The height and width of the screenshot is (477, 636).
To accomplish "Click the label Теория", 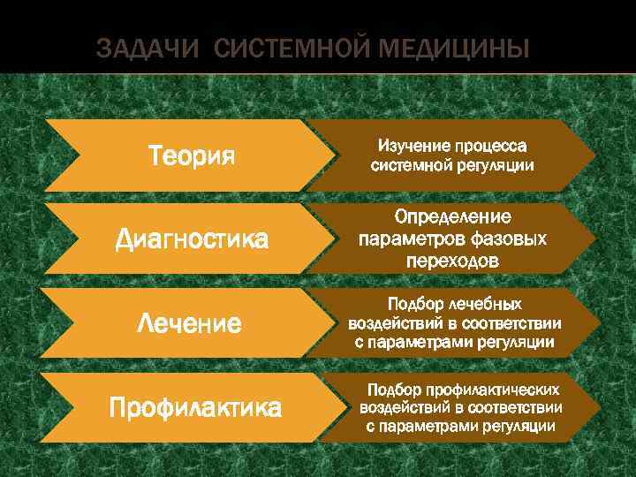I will pyautogui.click(x=192, y=156).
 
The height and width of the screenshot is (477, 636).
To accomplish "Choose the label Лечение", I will pyautogui.click(x=189, y=323).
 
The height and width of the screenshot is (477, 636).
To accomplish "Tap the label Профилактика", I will pyautogui.click(x=195, y=407).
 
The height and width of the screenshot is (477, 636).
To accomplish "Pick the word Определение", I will pyautogui.click(x=453, y=217).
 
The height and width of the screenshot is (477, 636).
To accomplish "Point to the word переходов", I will pyautogui.click(x=452, y=261).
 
